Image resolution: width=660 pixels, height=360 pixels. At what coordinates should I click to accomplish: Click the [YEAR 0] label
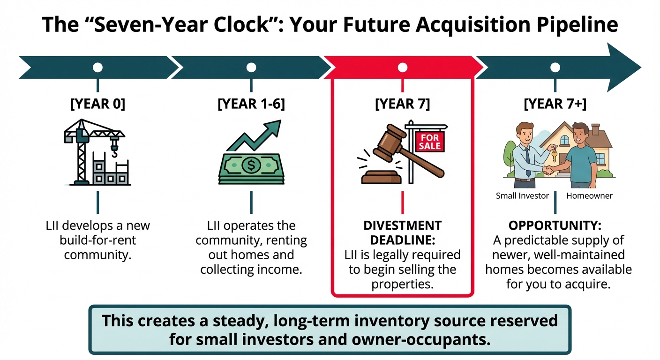(x=97, y=104)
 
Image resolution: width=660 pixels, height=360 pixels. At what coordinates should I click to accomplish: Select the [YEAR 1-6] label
(x=251, y=104)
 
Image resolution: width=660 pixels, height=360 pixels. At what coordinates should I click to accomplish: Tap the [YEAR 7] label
(x=402, y=104)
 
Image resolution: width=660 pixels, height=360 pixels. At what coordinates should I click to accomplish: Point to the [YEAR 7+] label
(x=555, y=104)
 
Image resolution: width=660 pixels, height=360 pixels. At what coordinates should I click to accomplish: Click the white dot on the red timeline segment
(x=402, y=67)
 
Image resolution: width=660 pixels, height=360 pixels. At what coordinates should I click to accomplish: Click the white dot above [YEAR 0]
(x=97, y=67)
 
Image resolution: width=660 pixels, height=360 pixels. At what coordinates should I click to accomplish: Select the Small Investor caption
(x=522, y=196)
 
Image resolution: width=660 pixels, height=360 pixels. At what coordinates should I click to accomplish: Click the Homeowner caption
(x=589, y=196)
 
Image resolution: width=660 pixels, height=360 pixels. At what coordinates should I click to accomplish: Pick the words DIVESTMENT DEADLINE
(x=402, y=232)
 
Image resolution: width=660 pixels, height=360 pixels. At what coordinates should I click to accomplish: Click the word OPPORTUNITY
(x=555, y=225)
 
